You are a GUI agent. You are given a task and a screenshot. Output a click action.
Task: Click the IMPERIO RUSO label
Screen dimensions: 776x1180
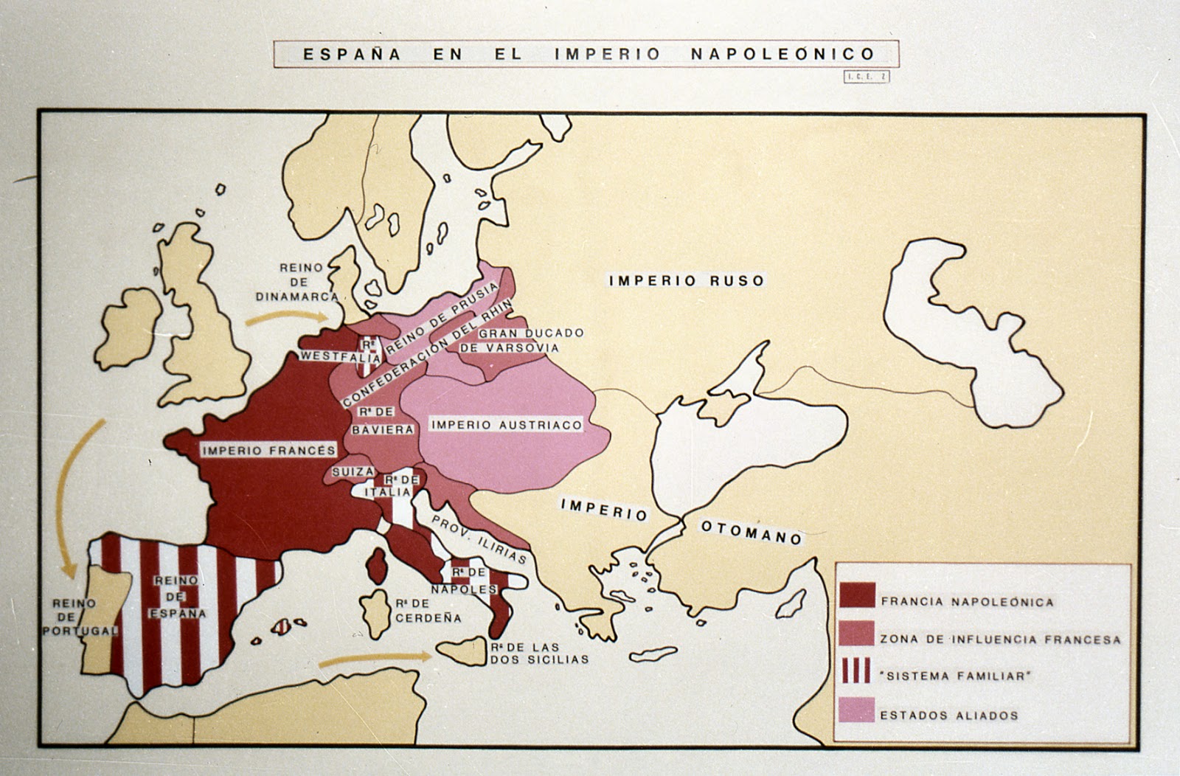(686, 280)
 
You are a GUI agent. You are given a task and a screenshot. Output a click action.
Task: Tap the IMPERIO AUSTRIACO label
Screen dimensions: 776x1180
(506, 425)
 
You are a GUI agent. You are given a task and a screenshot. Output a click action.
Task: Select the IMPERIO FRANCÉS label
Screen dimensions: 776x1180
(268, 450)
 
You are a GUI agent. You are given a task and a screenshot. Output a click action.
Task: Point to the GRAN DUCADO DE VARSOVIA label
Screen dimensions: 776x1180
(521, 340)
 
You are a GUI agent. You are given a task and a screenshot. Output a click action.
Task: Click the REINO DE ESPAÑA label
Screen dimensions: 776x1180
(177, 597)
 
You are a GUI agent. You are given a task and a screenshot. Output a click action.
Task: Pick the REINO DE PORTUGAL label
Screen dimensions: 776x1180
(80, 617)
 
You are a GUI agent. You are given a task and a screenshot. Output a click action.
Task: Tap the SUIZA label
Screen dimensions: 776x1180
(348, 471)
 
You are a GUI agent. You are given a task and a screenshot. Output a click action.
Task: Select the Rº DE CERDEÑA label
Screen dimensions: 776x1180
(427, 611)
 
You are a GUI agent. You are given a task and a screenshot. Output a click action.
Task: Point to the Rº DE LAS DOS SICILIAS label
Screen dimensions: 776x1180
(538, 653)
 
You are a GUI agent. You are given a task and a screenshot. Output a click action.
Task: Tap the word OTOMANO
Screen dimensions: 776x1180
(751, 532)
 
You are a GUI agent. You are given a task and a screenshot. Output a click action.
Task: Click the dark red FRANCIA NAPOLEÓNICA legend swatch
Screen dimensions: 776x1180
(857, 595)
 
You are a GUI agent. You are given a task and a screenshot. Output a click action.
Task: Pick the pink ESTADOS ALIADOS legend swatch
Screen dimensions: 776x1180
(856, 710)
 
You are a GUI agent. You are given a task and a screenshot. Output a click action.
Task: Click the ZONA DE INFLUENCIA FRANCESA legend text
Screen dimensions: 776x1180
(1000, 640)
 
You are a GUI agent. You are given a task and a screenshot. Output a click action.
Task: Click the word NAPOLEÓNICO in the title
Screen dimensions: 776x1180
(782, 55)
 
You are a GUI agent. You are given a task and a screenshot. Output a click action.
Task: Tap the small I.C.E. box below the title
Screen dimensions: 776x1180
(867, 77)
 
